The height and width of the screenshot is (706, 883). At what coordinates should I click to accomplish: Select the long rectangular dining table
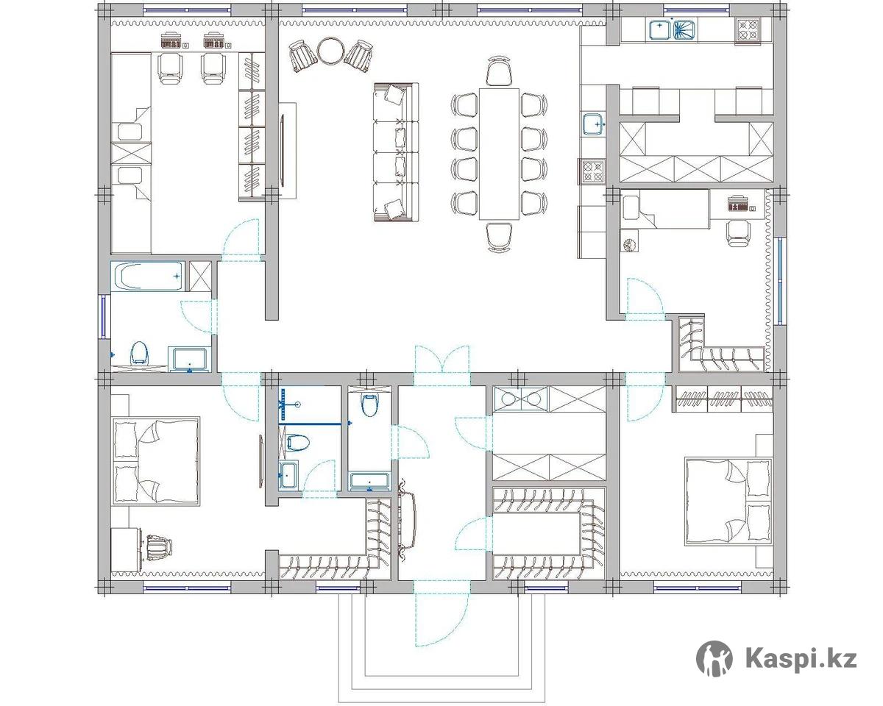tap(499, 154)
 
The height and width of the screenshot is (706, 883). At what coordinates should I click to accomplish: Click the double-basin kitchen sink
tap(673, 30)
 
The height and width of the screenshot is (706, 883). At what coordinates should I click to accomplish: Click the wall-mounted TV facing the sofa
tap(283, 151)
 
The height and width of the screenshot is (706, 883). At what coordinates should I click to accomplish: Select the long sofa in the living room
tap(396, 152)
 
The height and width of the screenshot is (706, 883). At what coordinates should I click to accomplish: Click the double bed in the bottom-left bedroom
tap(156, 462)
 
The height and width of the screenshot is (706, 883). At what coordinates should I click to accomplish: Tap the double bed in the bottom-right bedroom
tap(728, 503)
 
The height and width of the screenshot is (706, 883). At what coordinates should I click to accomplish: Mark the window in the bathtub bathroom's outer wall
tap(104, 316)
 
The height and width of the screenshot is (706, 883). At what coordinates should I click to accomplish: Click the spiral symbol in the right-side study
tap(629, 246)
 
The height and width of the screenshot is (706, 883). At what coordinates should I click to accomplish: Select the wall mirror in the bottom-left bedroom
tap(261, 462)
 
